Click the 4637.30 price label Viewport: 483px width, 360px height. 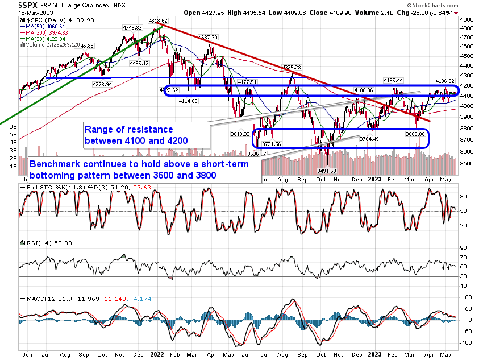click(207, 37)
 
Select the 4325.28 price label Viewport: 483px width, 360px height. click(291, 68)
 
